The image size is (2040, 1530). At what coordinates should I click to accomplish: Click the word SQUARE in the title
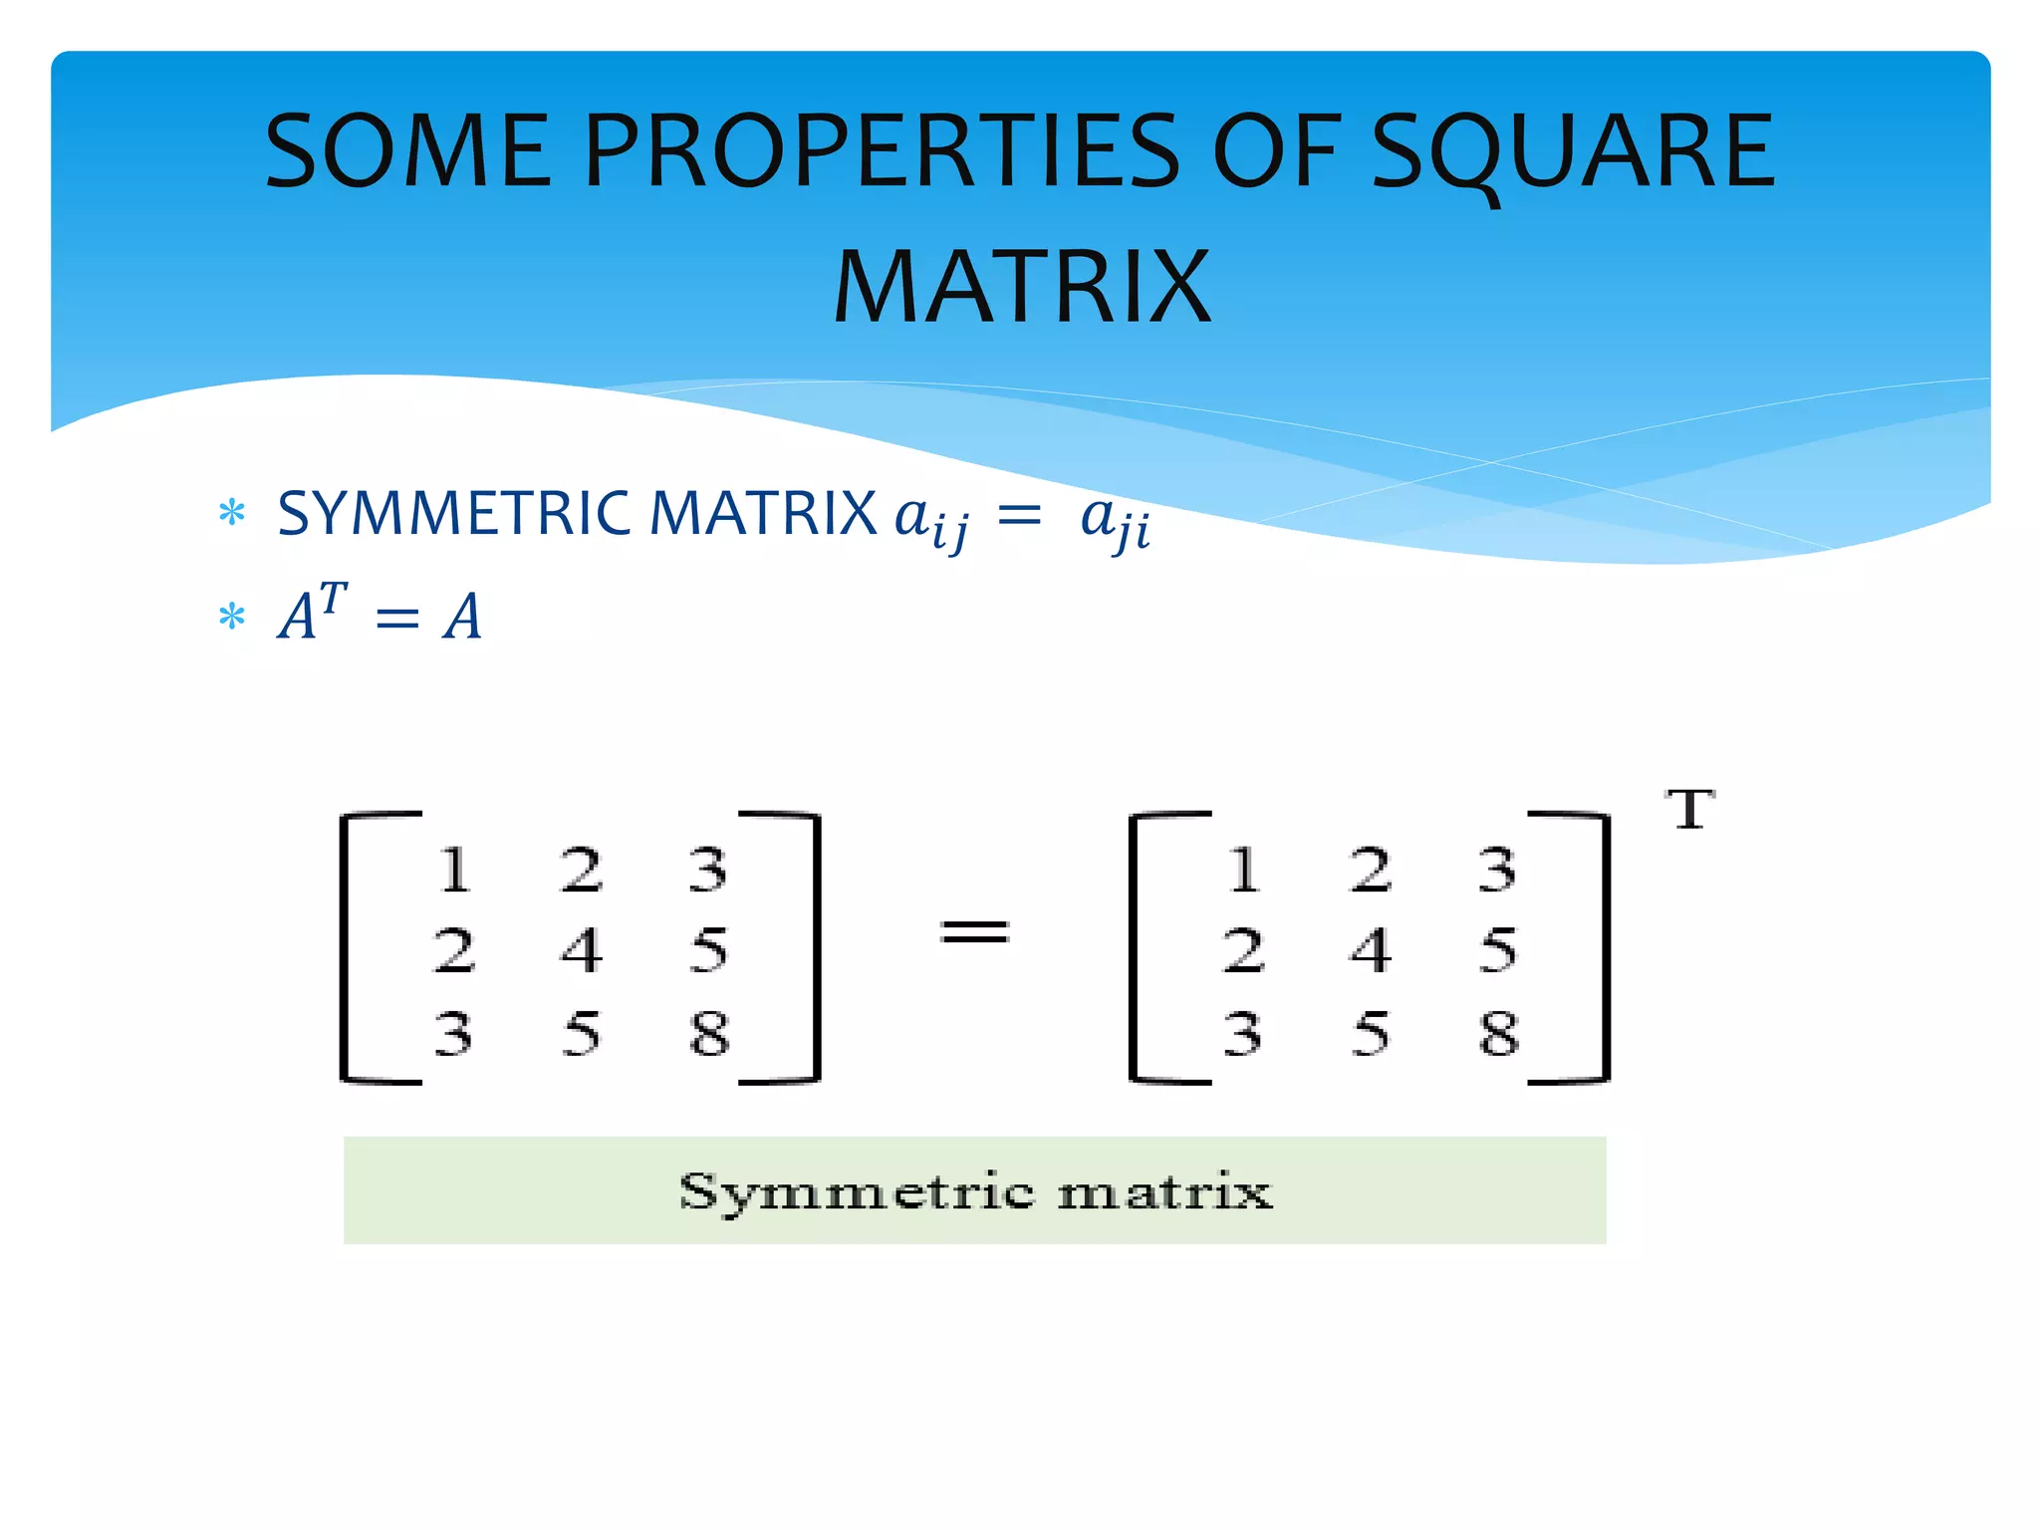coord(1574,151)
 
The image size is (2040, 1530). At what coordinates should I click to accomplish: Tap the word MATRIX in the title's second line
coord(1022,288)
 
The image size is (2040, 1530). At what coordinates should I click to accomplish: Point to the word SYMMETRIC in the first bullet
coord(454,514)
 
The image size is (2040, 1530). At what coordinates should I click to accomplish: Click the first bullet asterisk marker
coord(232,514)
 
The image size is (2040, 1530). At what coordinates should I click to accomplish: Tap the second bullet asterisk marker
coord(232,618)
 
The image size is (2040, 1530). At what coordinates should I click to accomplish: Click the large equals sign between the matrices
coord(975,932)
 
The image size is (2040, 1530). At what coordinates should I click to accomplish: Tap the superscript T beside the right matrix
coord(1690,809)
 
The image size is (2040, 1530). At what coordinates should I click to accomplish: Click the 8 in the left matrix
coord(709,1033)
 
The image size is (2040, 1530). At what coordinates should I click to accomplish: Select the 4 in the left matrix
coord(582,950)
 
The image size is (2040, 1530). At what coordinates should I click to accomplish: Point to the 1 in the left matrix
coord(455,870)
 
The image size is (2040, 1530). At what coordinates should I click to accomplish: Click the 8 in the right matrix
coord(1498,1033)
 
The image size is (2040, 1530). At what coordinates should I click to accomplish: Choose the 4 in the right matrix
coord(1371,950)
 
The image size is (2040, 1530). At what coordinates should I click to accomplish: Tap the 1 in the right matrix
coord(1244,870)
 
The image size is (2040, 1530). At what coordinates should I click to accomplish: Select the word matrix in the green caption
coord(1164,1191)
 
